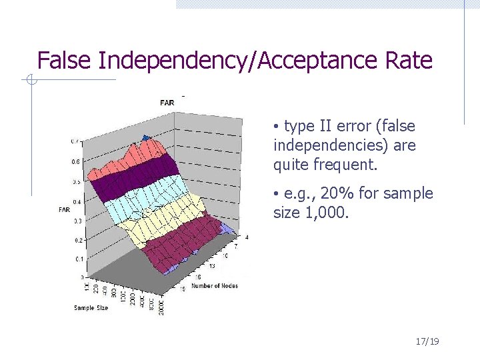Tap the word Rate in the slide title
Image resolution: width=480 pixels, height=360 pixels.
tap(408, 61)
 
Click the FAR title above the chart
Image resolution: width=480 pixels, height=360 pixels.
tap(167, 102)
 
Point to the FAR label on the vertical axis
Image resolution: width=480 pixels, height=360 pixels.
tap(64, 209)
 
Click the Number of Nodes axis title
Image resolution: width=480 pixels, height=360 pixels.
tap(215, 285)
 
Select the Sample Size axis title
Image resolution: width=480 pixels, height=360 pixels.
tap(91, 307)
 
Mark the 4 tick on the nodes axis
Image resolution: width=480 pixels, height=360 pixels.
tap(247, 237)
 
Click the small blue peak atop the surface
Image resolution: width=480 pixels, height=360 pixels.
tap(147, 138)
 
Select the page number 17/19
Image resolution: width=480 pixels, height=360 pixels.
tap(427, 341)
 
